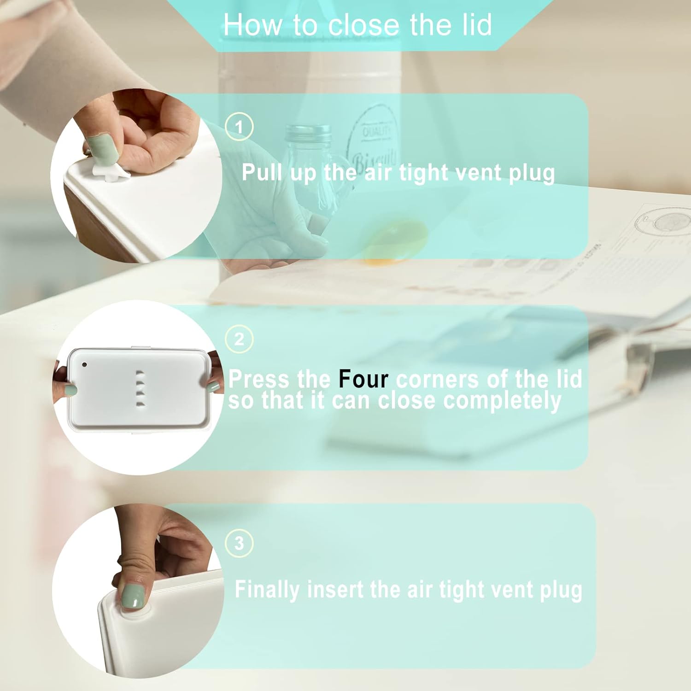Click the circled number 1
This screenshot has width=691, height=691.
(x=239, y=126)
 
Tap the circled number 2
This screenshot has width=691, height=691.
(x=239, y=339)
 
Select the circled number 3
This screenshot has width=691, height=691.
(x=239, y=543)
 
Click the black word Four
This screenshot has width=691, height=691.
(x=363, y=379)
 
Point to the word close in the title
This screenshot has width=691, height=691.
(x=365, y=24)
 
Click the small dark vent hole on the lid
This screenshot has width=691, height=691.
(x=84, y=365)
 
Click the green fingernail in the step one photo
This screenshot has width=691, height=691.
(x=98, y=146)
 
